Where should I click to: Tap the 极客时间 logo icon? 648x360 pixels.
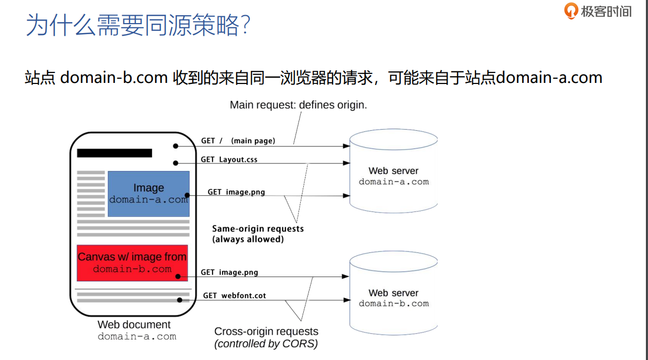(570, 11)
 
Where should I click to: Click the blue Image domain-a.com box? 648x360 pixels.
(148, 194)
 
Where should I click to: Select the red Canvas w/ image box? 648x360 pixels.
(132, 263)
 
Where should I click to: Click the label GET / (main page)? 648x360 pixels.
(238, 141)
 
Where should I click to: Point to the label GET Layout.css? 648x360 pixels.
(229, 160)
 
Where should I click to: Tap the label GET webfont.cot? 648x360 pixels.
(235, 295)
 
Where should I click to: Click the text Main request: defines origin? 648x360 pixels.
(299, 105)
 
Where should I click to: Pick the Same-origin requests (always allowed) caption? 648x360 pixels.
(258, 234)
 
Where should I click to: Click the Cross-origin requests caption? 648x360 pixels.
(266, 332)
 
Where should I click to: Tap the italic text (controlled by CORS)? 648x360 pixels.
(266, 344)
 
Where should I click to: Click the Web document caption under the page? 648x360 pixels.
(134, 325)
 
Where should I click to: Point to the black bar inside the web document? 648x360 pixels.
(114, 153)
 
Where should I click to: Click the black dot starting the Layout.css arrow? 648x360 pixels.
(176, 163)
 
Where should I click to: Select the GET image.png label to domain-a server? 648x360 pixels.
(236, 192)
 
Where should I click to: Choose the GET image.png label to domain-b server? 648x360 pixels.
(229, 272)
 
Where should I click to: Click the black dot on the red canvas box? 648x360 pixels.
(179, 276)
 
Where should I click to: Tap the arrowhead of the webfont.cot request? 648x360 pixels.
(346, 300)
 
